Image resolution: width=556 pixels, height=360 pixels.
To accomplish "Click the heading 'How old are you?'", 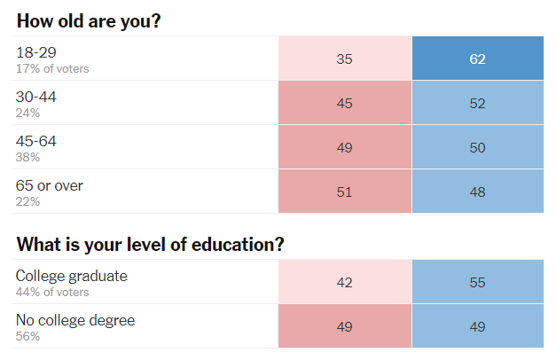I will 89,20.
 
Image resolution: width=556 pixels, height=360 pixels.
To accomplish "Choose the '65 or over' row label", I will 50,185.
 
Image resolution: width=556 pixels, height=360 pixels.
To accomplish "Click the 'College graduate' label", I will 71,276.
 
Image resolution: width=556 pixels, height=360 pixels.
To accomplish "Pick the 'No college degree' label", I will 75,320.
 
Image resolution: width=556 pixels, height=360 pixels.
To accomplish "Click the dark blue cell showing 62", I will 478,59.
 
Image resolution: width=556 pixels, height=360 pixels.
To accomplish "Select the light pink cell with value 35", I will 345,59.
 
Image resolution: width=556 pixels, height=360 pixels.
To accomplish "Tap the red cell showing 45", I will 345,104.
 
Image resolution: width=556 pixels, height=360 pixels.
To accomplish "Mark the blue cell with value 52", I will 478,104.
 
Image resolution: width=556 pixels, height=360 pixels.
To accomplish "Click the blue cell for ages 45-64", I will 478,148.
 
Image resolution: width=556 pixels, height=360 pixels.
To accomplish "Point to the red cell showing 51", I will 345,192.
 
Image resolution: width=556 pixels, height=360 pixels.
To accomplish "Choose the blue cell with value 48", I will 478,192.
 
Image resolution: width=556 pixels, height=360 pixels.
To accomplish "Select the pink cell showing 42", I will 345,283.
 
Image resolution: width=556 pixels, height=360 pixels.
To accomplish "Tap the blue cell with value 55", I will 478,283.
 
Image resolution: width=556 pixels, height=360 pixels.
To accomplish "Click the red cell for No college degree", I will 345,327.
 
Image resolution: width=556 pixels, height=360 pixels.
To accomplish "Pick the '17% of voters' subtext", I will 52,68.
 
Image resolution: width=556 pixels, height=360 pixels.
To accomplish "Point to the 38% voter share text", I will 27,157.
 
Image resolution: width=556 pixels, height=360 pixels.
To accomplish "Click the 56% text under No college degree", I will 27,336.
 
